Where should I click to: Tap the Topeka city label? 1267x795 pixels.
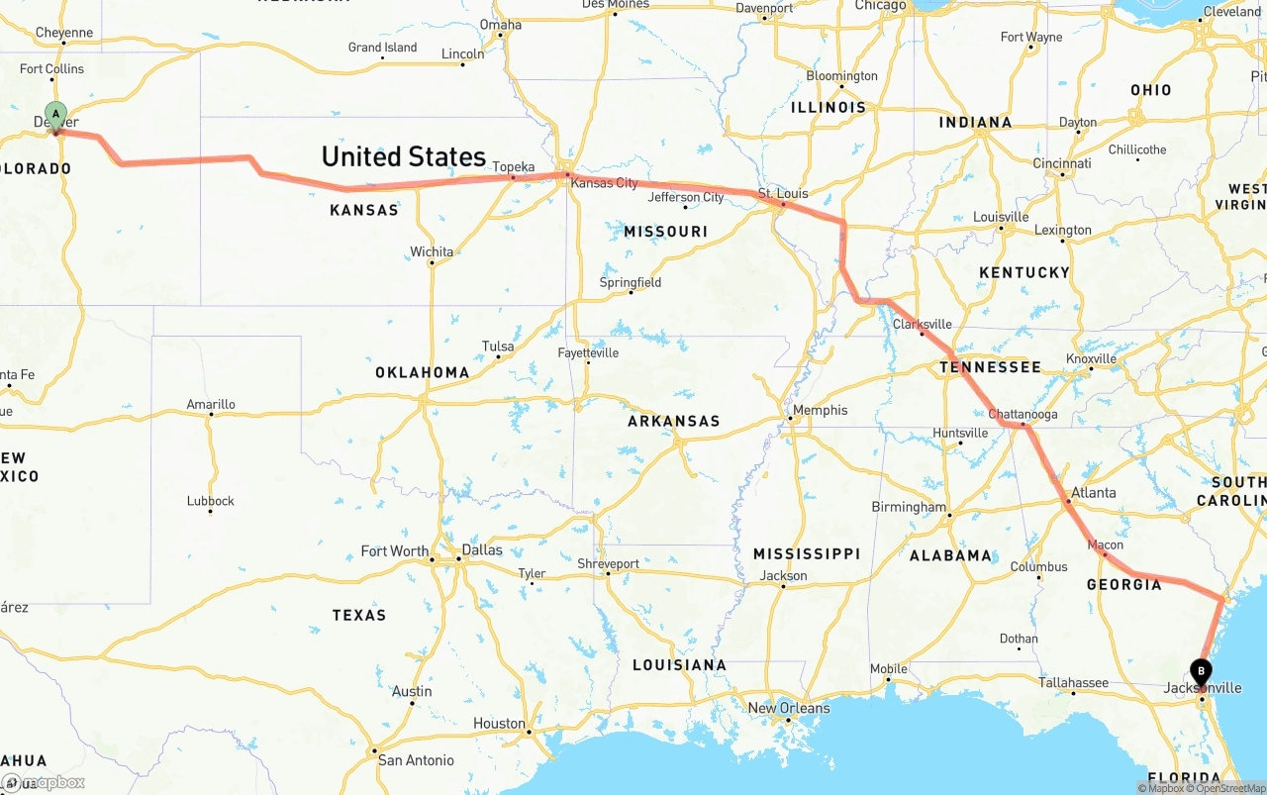coord(514,167)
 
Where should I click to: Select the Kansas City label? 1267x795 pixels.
coord(604,183)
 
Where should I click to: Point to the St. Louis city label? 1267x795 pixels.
coord(784,193)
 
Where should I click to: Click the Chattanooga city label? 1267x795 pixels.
coord(1023,414)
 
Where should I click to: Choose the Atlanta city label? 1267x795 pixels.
coord(1093,492)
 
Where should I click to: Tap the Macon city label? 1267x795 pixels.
coord(1105,545)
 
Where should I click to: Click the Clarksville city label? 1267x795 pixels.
coord(922,324)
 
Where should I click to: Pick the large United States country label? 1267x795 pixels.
coord(403,156)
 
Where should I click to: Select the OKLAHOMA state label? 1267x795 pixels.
coord(422,372)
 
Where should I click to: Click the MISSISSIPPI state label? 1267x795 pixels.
coord(806,553)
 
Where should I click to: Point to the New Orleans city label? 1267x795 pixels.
coord(789,708)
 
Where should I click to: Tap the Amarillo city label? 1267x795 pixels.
coord(211,404)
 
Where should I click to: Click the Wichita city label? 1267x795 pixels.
coord(432,251)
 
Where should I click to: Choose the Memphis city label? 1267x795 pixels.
coord(820,410)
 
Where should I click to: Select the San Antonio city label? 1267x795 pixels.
coord(416,760)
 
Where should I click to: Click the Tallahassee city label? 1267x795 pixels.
coord(1073,682)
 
